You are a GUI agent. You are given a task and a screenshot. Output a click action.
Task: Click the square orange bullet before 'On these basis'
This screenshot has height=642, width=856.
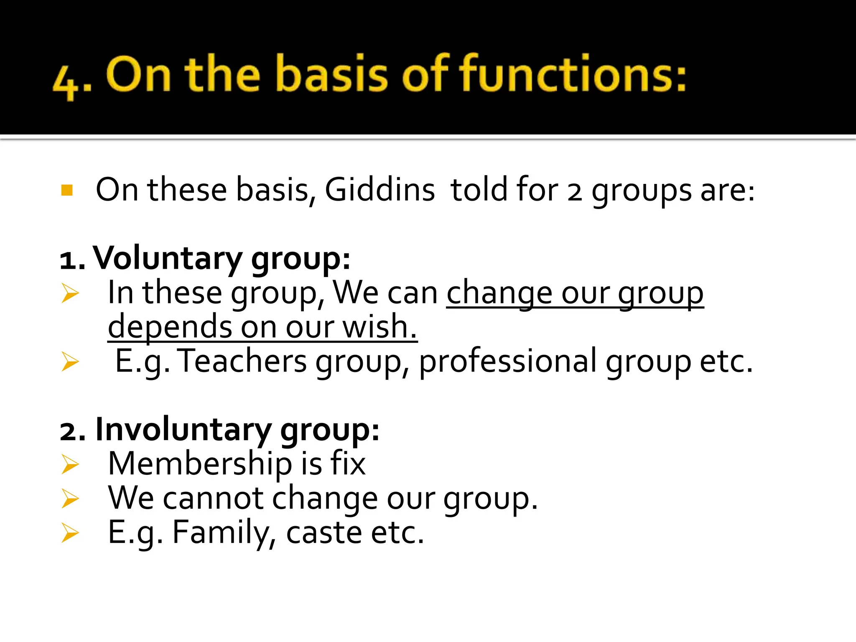[x=67, y=191]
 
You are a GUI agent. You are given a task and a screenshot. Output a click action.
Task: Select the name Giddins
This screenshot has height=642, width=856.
[x=380, y=190]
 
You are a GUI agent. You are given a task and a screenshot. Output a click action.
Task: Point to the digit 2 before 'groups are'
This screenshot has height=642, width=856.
[x=574, y=193]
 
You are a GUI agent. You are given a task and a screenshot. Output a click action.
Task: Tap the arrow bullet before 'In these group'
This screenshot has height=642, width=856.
[x=70, y=293]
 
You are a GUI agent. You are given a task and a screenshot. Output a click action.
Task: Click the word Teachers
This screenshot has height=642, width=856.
[x=243, y=362]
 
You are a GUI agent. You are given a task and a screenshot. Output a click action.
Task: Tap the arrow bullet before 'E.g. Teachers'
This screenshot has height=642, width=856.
[x=70, y=362]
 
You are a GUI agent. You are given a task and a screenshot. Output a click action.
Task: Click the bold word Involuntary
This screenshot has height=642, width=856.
[x=183, y=430]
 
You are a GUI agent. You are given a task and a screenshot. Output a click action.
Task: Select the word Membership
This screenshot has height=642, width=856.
[x=199, y=464]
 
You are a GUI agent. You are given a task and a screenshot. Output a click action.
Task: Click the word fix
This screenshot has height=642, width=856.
[x=348, y=464]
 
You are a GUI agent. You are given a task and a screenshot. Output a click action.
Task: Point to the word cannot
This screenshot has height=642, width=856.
[x=213, y=499]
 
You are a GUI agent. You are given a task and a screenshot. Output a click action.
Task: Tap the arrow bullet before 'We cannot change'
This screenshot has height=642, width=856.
[x=70, y=499]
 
